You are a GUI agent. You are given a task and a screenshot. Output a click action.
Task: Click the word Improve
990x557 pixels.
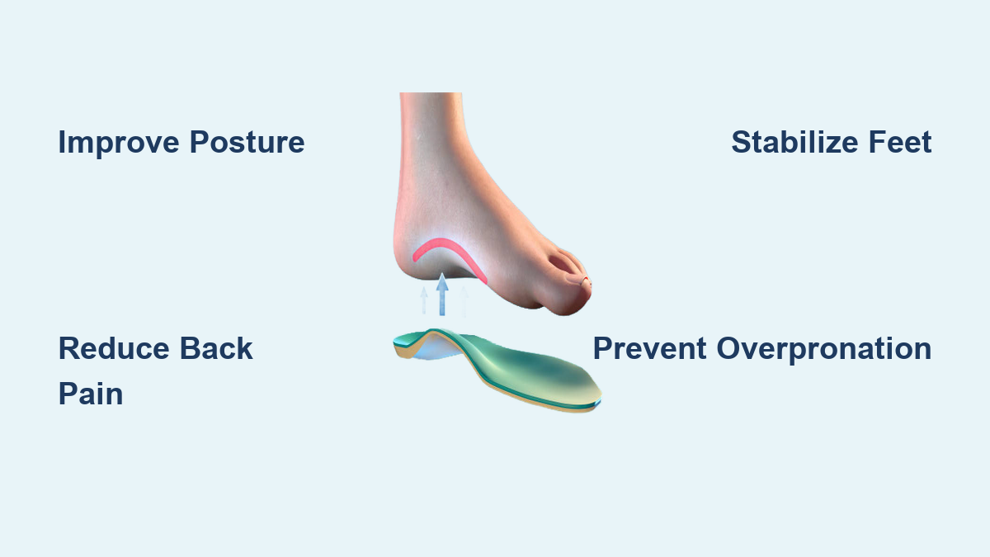(119, 142)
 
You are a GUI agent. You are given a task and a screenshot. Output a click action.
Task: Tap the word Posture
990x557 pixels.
(247, 142)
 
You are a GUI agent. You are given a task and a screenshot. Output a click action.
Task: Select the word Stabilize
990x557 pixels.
(794, 142)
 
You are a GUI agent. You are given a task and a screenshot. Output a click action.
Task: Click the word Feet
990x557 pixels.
(900, 142)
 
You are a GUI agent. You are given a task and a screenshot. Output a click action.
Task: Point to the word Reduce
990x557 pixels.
(114, 348)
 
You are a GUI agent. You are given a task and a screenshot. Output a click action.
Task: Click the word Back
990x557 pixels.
(216, 348)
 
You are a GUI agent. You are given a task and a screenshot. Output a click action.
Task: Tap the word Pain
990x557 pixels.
(91, 394)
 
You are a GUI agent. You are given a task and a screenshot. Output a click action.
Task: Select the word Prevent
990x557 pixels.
(650, 348)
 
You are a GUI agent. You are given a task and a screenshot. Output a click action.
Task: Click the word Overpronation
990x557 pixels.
(824, 349)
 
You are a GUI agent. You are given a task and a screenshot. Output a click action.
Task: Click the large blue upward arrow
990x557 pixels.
(442, 295)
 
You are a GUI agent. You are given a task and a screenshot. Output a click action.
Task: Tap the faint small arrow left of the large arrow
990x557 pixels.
(424, 300)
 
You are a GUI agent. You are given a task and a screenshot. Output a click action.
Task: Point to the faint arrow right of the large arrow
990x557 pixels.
(464, 301)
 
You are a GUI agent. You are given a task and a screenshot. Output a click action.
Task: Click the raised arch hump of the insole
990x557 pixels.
(436, 335)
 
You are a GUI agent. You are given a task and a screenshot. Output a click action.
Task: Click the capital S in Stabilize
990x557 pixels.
(741, 142)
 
